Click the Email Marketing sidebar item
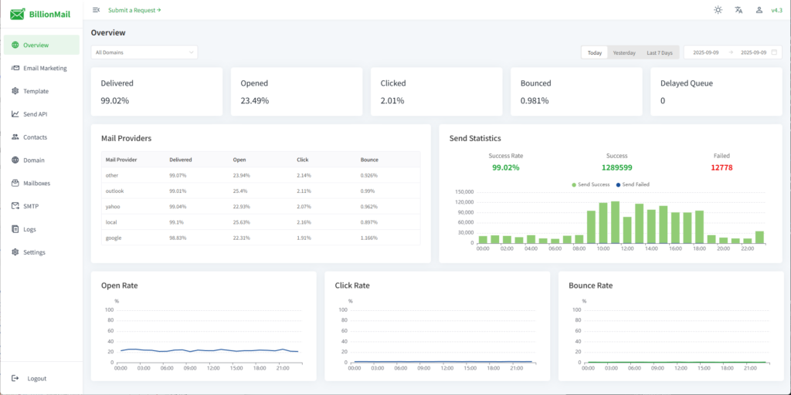tap(45, 68)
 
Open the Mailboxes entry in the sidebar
tap(36, 183)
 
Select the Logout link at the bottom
tap(36, 378)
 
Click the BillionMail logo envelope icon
tap(18, 13)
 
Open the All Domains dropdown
tap(144, 52)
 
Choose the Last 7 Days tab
tap(659, 52)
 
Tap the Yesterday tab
tap(623, 52)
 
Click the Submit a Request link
tap(134, 10)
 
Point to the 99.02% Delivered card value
tap(115, 100)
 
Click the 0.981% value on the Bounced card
tap(535, 100)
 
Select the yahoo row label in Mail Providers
tap(114, 207)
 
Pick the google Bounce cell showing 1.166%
tap(369, 238)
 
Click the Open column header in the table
tap(239, 160)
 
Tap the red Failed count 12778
tap(721, 167)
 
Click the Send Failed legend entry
tap(634, 184)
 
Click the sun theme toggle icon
tap(718, 10)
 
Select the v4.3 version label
tap(776, 10)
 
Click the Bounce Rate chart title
tap(590, 285)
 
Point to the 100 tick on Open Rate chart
tap(110, 309)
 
